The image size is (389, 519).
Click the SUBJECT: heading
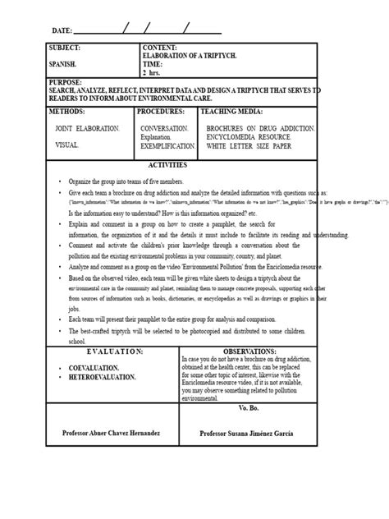tap(66, 48)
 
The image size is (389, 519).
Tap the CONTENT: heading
tap(159, 48)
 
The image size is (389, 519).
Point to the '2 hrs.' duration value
tap(153, 71)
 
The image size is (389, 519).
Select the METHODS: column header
tap(72, 110)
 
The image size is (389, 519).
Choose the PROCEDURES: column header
tap(166, 110)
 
